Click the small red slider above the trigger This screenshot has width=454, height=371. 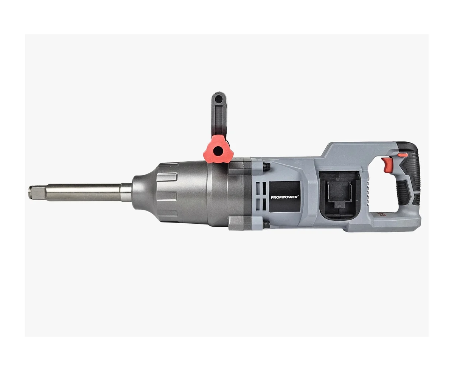tap(402, 155)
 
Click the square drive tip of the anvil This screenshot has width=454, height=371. tap(34, 193)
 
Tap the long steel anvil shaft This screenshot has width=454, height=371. tap(80, 192)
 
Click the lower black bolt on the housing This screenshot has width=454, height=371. tap(267, 224)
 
